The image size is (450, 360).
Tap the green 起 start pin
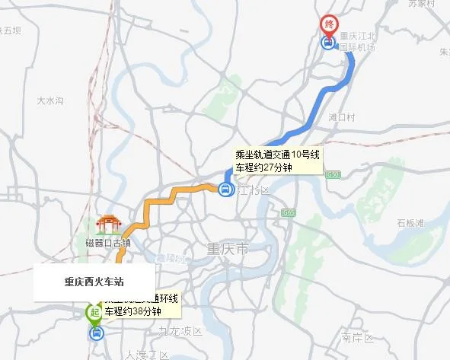94,312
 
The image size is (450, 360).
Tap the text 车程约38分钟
133,311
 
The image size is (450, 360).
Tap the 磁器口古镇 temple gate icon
108,225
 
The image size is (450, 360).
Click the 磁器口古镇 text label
108,244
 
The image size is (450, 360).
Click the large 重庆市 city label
228,250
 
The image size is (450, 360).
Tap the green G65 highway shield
288,212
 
